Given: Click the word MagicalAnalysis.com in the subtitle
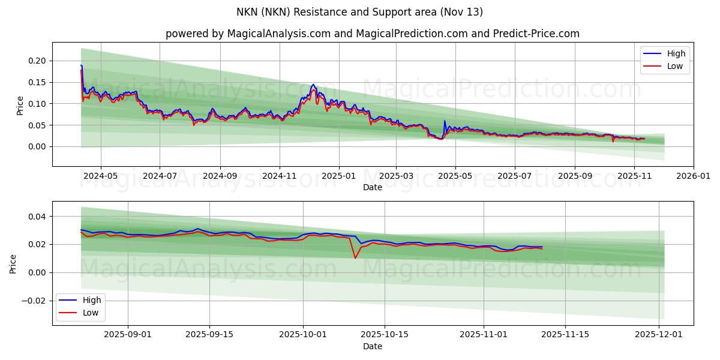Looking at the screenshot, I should (279, 34).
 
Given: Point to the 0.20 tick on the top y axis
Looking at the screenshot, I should (37, 61).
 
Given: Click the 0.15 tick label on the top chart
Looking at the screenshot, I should (37, 82).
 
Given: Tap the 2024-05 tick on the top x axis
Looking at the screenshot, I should (100, 176).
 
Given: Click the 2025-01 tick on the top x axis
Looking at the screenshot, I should (339, 176).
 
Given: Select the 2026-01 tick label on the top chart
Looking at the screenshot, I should (694, 176).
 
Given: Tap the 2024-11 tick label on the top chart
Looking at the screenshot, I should (280, 176).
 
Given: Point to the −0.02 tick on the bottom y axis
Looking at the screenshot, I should (34, 301).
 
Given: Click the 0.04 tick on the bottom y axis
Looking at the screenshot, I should (37, 216).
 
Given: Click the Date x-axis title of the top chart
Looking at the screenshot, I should (373, 187).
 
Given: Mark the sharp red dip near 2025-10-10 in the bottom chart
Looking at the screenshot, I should (355, 258).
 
